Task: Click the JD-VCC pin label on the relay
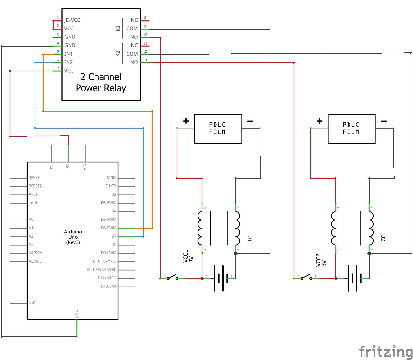point(72,20)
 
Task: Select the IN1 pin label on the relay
point(68,54)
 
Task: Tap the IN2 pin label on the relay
point(68,62)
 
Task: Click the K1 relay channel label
point(118,29)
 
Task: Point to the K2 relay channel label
point(118,54)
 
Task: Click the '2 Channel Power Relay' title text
point(101,82)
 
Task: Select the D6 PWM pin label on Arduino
point(109,228)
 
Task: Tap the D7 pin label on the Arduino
point(114,236)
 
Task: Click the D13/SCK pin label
point(109,286)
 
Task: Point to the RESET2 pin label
point(35,186)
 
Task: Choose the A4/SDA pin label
point(35,253)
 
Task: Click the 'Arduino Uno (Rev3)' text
point(73,237)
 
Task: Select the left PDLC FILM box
point(218,129)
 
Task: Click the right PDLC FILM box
point(351,129)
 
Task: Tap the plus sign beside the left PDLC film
point(186,121)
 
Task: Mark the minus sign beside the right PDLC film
point(384,121)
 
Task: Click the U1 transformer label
point(249,238)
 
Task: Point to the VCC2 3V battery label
point(321,260)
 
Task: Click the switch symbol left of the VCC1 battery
point(172,277)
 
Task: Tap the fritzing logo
point(386,352)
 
